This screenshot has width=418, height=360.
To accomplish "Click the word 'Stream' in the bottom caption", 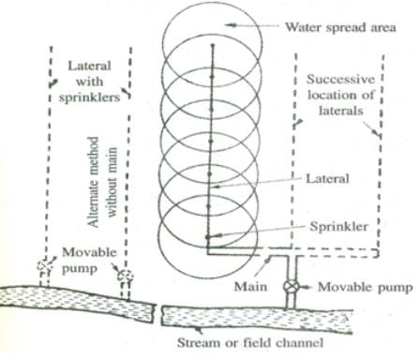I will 197,342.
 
